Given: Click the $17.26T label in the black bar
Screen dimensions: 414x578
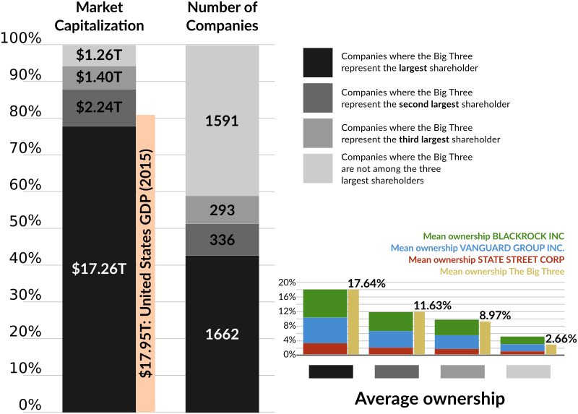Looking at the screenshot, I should (x=98, y=269).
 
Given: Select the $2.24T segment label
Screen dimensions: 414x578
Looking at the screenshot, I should (x=98, y=108).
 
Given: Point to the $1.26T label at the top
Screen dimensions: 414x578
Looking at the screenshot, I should (x=98, y=55).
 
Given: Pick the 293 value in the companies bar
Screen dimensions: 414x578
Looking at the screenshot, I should (x=221, y=210).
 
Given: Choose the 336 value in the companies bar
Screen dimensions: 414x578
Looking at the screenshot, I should (x=221, y=240).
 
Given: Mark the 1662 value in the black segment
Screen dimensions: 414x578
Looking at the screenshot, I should (x=221, y=335).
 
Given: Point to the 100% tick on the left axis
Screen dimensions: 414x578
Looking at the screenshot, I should (x=21, y=38).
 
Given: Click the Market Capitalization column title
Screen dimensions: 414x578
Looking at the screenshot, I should (x=99, y=17).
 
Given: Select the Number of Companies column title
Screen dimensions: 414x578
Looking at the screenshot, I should (x=222, y=17).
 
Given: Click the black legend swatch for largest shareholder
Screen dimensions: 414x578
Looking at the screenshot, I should (x=318, y=64).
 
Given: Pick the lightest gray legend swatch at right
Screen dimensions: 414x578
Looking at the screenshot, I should (x=318, y=168).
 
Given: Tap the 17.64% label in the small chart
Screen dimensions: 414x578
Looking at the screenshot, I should (x=366, y=283).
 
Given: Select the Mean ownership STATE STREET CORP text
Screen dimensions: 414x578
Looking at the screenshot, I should (x=486, y=259).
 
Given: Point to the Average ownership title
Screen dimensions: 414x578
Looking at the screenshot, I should (x=429, y=398).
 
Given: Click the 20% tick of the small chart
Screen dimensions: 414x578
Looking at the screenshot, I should (x=288, y=283).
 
